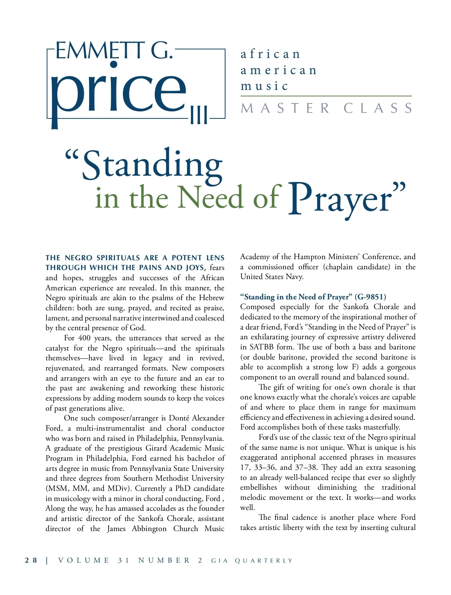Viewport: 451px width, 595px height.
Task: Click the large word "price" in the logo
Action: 118,92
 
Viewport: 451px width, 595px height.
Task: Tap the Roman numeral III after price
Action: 199,115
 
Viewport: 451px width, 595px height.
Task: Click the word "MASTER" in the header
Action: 285,108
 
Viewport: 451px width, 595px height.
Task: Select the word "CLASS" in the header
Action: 378,108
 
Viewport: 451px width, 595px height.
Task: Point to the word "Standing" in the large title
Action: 152,165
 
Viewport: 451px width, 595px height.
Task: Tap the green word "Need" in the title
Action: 210,198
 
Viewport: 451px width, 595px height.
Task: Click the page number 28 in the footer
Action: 31,560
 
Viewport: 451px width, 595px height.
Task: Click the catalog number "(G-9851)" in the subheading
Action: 370,297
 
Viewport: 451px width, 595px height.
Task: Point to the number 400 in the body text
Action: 84,338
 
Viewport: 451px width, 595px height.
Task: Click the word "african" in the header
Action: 270,54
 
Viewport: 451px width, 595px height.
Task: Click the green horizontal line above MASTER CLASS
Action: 326,96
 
